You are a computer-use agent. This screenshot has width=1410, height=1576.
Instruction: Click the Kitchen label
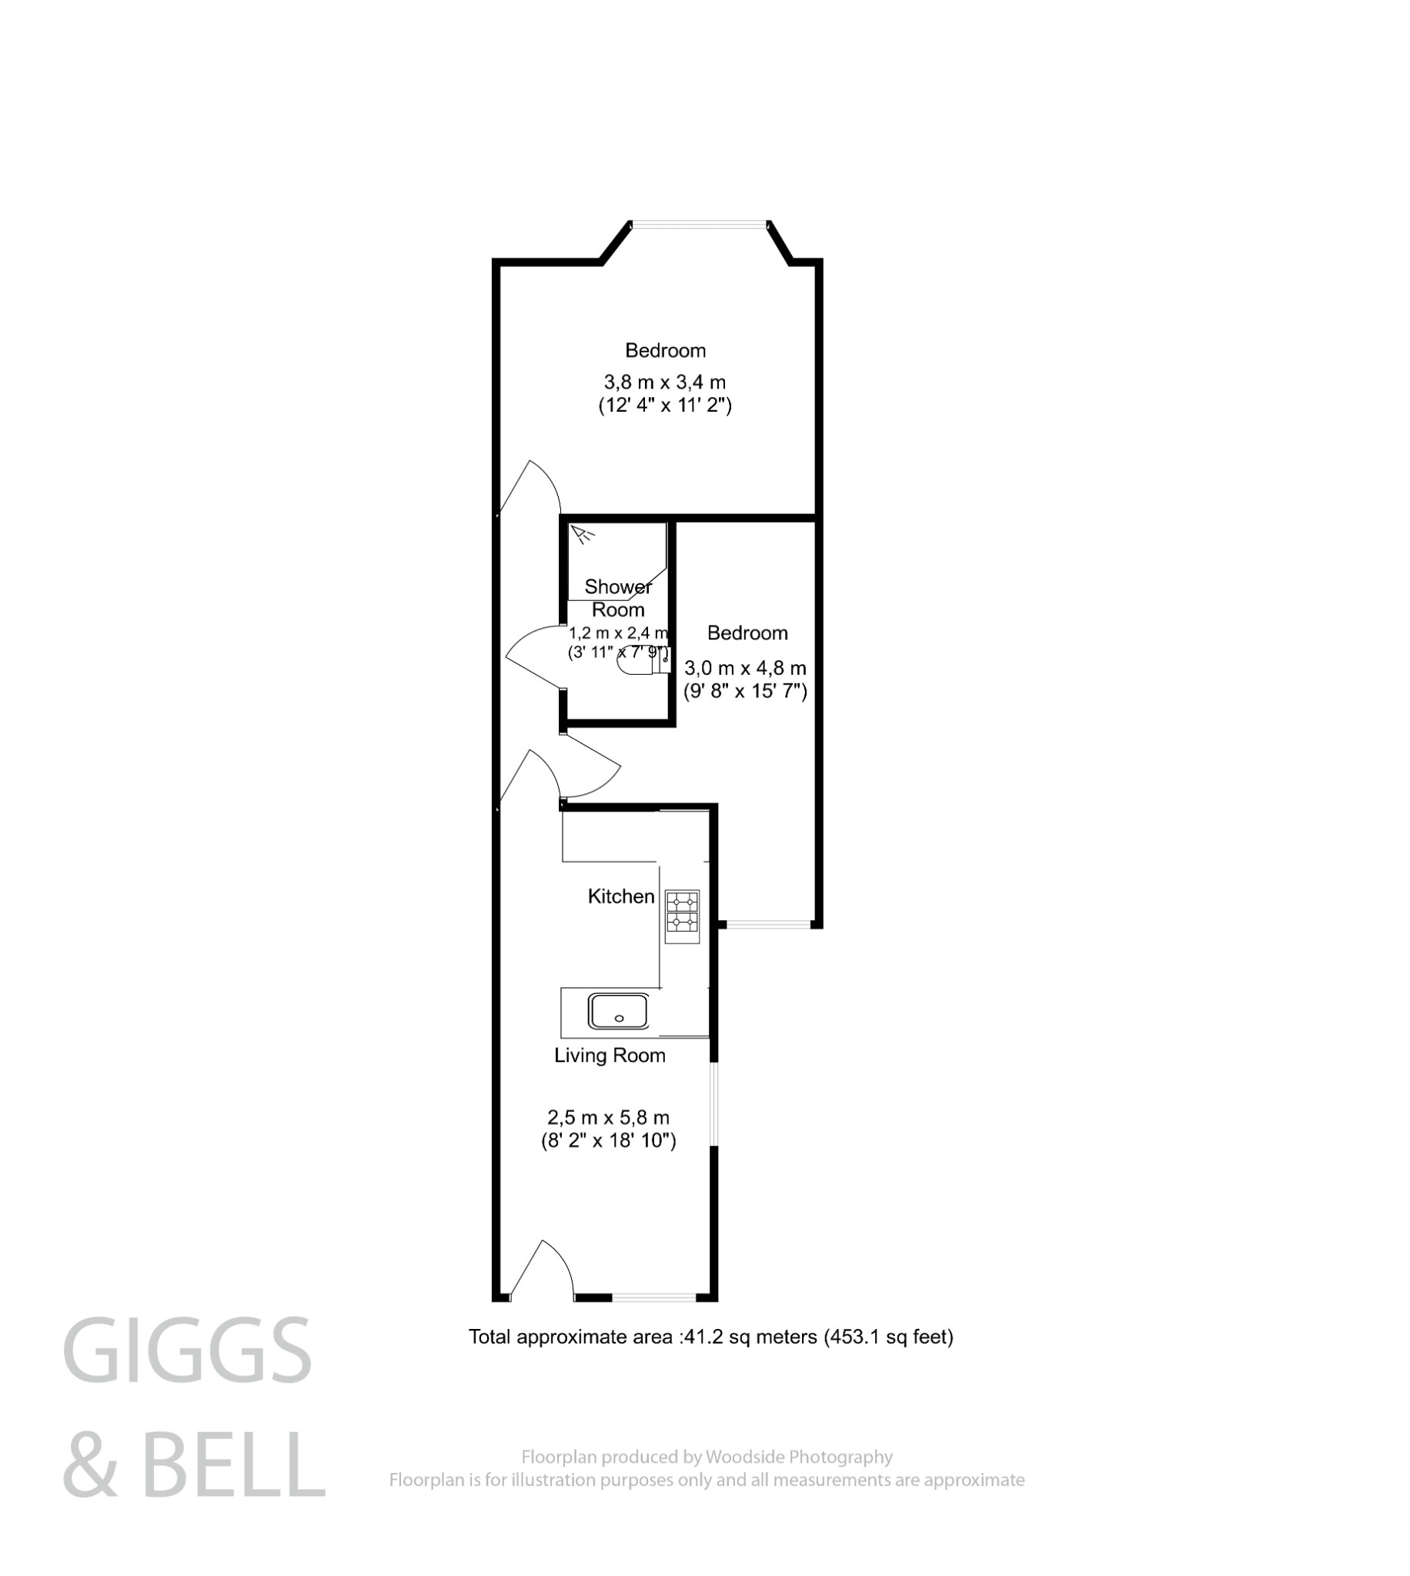[x=620, y=896]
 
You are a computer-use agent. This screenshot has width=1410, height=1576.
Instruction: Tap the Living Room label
[x=609, y=1055]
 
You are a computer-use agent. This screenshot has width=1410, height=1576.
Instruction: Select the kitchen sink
[x=617, y=1010]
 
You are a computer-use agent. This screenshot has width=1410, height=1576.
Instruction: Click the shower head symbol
[x=583, y=533]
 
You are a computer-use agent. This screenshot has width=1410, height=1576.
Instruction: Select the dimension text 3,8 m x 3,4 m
[x=665, y=382]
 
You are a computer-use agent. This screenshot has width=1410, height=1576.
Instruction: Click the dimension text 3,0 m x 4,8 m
[x=744, y=668]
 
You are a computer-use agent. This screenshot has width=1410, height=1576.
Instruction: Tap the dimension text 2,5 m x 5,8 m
[x=608, y=1117]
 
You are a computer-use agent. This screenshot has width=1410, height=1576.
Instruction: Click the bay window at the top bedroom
[x=699, y=225]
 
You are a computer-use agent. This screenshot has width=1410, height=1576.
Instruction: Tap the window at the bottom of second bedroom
[x=768, y=924]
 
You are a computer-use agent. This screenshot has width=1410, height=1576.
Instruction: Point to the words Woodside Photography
[x=799, y=1457]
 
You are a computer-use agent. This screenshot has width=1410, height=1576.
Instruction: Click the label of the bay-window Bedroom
[x=665, y=350]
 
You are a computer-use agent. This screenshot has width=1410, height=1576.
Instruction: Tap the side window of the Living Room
[x=715, y=1104]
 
